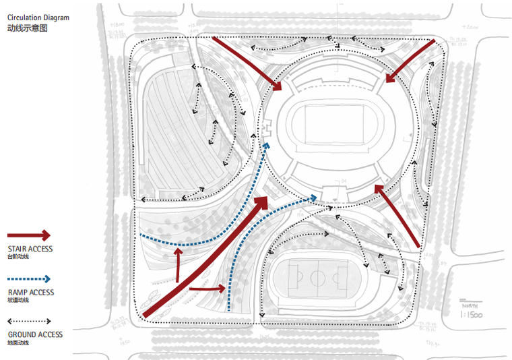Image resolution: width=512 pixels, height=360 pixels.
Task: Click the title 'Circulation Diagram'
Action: tap(38, 18)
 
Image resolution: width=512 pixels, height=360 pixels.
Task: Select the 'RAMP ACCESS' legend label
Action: tap(31, 293)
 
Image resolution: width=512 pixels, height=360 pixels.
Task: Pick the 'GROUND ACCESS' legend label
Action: tap(35, 334)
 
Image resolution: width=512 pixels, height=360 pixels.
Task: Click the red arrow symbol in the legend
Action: tap(29, 235)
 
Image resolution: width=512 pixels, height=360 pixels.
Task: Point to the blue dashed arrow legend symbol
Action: tap(29, 278)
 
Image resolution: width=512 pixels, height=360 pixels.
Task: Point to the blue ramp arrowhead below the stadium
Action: tap(313, 197)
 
